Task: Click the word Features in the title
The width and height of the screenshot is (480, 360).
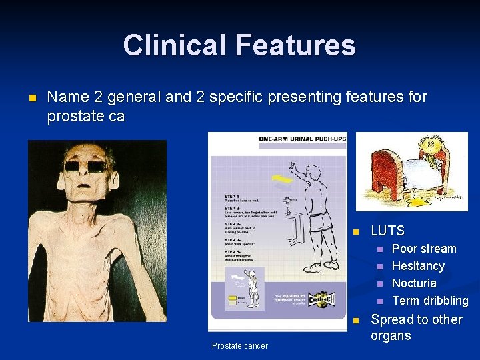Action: click(x=294, y=45)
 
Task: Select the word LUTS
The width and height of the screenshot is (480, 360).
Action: click(x=387, y=231)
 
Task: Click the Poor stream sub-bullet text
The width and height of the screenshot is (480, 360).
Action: click(x=424, y=249)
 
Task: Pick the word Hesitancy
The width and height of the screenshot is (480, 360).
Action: click(x=418, y=266)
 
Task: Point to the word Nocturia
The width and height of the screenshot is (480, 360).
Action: click(x=414, y=283)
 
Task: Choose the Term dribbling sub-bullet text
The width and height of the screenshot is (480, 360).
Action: click(x=430, y=301)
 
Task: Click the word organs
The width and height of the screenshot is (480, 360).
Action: click(x=391, y=336)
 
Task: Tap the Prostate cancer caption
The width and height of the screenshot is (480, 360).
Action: click(x=240, y=345)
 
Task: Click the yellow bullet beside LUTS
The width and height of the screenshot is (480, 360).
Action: click(x=355, y=232)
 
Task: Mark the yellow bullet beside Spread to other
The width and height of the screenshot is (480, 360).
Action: click(x=355, y=321)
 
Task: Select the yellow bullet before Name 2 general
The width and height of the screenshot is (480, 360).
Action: click(x=31, y=98)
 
